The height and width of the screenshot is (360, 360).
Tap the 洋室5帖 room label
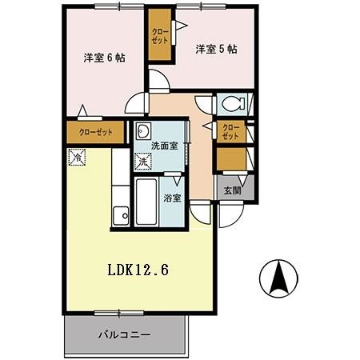click(x=216, y=49)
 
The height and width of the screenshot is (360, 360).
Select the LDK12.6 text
click(x=138, y=270)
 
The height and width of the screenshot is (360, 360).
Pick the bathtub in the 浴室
click(x=147, y=202)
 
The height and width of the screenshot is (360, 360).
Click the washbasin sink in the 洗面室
click(x=145, y=131)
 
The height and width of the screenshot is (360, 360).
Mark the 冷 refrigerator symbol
click(x=78, y=158)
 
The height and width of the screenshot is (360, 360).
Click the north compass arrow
click(x=280, y=280)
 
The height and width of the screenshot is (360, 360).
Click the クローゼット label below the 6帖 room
click(x=95, y=132)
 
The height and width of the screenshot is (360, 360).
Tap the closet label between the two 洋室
click(x=158, y=35)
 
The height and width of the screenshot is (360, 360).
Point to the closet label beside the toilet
click(x=230, y=131)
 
